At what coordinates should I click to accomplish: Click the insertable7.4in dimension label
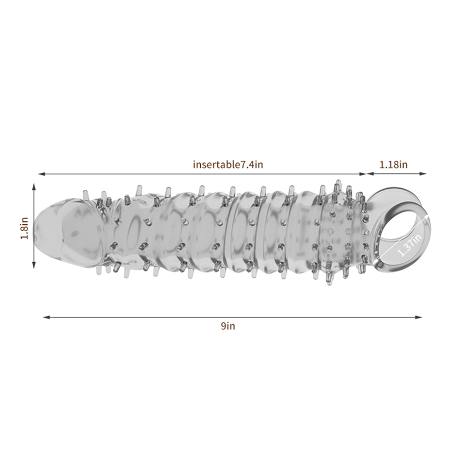point(228,165)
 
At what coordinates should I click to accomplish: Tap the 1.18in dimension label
point(394,165)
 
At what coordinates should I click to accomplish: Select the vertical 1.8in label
point(25,228)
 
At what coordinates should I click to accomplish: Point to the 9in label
point(228,326)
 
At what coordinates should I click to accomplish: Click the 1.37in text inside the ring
point(410,243)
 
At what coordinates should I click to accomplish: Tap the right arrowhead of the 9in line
point(419,317)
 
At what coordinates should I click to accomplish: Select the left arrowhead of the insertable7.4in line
point(41,174)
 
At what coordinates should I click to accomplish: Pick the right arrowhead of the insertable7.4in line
point(363,174)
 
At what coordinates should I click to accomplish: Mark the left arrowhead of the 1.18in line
point(371,174)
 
